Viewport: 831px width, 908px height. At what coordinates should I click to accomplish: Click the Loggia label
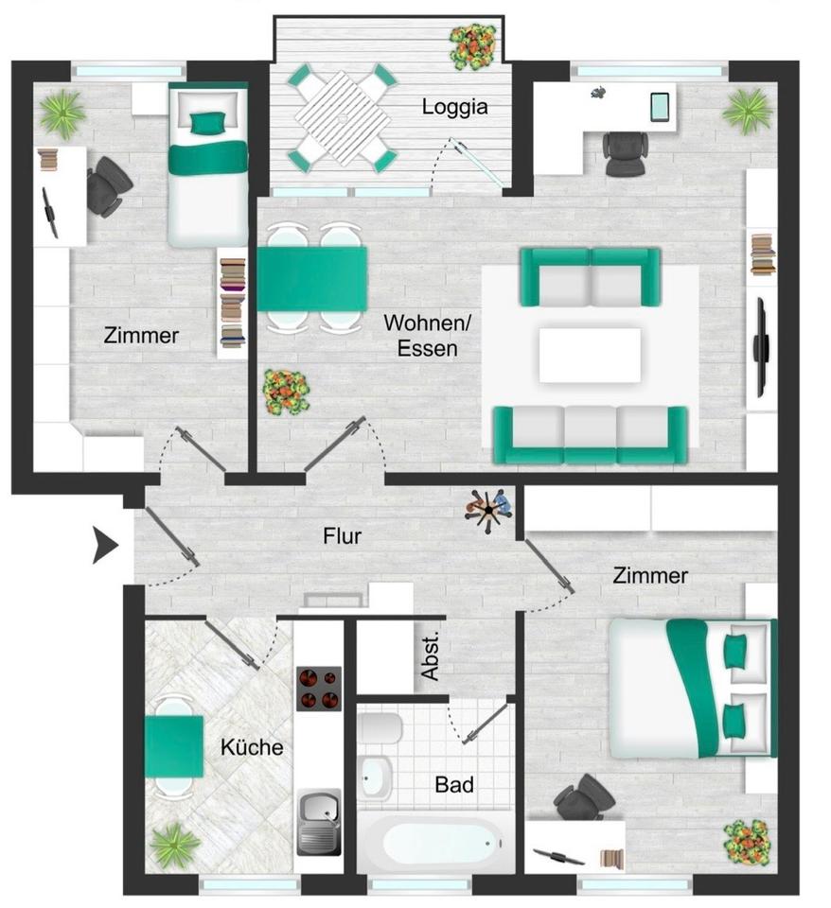click(x=454, y=107)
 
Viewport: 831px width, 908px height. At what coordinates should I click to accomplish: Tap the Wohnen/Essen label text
click(x=426, y=336)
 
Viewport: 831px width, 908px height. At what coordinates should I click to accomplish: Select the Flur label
click(x=343, y=536)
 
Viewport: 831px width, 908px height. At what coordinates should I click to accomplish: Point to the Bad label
click(x=453, y=784)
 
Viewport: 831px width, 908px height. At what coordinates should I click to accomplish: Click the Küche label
click(x=252, y=747)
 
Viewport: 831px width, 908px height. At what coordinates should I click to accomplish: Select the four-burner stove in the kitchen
click(x=318, y=688)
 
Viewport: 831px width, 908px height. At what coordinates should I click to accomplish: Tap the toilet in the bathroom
click(x=380, y=729)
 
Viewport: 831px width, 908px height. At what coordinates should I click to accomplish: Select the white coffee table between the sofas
click(x=589, y=355)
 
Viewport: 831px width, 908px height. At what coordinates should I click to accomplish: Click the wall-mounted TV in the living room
click(x=759, y=347)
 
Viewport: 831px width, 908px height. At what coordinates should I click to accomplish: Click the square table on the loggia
click(x=342, y=118)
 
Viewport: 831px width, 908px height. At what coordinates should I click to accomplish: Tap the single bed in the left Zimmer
click(x=207, y=166)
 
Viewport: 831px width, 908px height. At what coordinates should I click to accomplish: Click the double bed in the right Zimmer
click(x=691, y=688)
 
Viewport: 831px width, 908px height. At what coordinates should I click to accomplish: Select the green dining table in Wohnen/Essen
click(x=312, y=279)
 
